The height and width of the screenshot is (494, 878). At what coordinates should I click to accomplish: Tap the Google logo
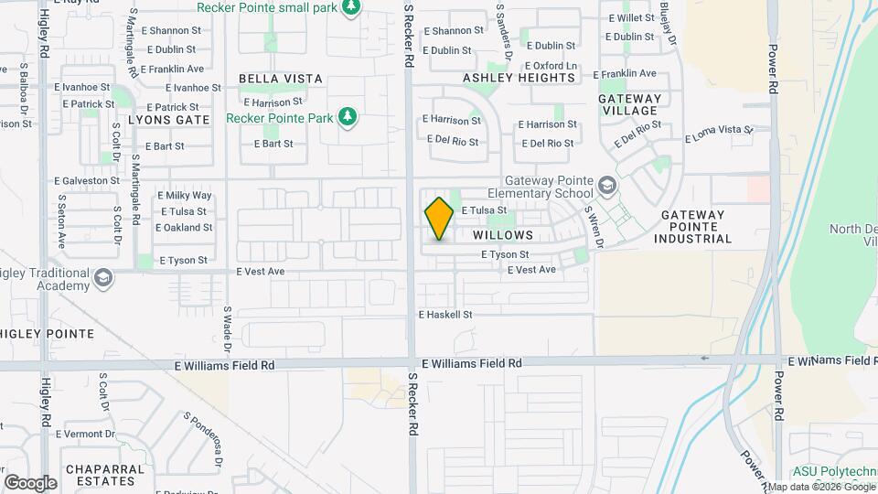tap(30, 483)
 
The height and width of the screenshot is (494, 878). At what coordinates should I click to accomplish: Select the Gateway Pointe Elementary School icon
tap(606, 187)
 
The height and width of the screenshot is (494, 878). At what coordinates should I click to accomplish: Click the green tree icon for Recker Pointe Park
tap(347, 117)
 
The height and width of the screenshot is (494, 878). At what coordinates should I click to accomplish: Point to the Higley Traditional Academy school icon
tap(103, 278)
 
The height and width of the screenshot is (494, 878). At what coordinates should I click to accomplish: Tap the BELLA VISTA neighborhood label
tap(281, 79)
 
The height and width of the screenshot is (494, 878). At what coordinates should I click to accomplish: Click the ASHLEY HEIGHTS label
tap(519, 78)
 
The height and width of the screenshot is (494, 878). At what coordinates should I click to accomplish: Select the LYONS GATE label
tap(168, 120)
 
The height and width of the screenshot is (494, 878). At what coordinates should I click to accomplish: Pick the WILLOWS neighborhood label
tap(503, 235)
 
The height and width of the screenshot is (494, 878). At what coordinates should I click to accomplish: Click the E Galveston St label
tap(87, 181)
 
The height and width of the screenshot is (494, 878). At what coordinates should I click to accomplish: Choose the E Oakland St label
tap(184, 228)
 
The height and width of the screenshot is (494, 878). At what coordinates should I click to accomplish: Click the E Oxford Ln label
tap(551, 66)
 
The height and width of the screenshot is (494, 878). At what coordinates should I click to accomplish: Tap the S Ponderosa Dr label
tap(203, 437)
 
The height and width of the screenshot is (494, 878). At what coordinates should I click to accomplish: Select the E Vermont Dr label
tap(85, 434)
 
